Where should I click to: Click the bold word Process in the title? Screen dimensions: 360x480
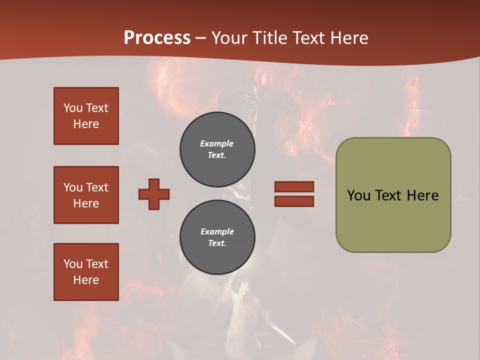tap(157, 38)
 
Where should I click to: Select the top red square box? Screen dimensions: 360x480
tap(86, 116)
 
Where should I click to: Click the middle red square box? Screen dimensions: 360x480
tap(86, 195)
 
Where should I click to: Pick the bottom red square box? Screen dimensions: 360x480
tap(86, 272)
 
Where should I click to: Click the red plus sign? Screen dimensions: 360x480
tap(154, 194)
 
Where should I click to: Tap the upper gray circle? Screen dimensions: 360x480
tap(217, 149)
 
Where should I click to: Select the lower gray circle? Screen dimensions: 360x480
tap(217, 237)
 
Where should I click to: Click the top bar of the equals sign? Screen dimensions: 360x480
tap(294, 187)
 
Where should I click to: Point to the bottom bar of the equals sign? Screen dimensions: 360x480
tap(294, 201)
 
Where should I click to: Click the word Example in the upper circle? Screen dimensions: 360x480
tap(216, 143)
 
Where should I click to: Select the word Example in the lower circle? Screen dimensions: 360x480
tap(217, 231)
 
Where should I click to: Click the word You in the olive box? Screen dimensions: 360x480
tap(358, 195)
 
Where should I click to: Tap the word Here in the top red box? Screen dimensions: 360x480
tap(86, 124)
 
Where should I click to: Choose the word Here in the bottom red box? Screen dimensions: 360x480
tap(86, 280)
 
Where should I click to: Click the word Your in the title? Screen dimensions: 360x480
tap(228, 38)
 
